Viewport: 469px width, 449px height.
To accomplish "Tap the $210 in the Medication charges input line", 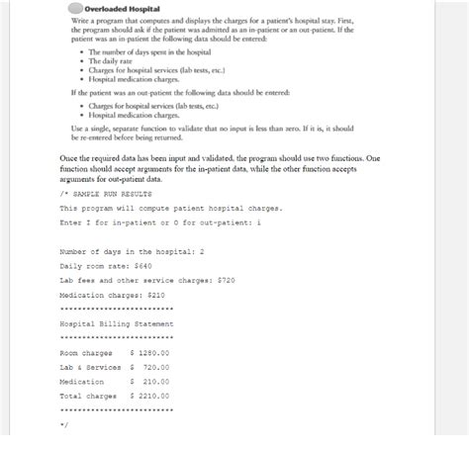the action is point(155,295).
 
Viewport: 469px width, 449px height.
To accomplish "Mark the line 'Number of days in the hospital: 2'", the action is point(132,251).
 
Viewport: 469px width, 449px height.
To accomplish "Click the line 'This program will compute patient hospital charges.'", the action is point(170,209).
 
